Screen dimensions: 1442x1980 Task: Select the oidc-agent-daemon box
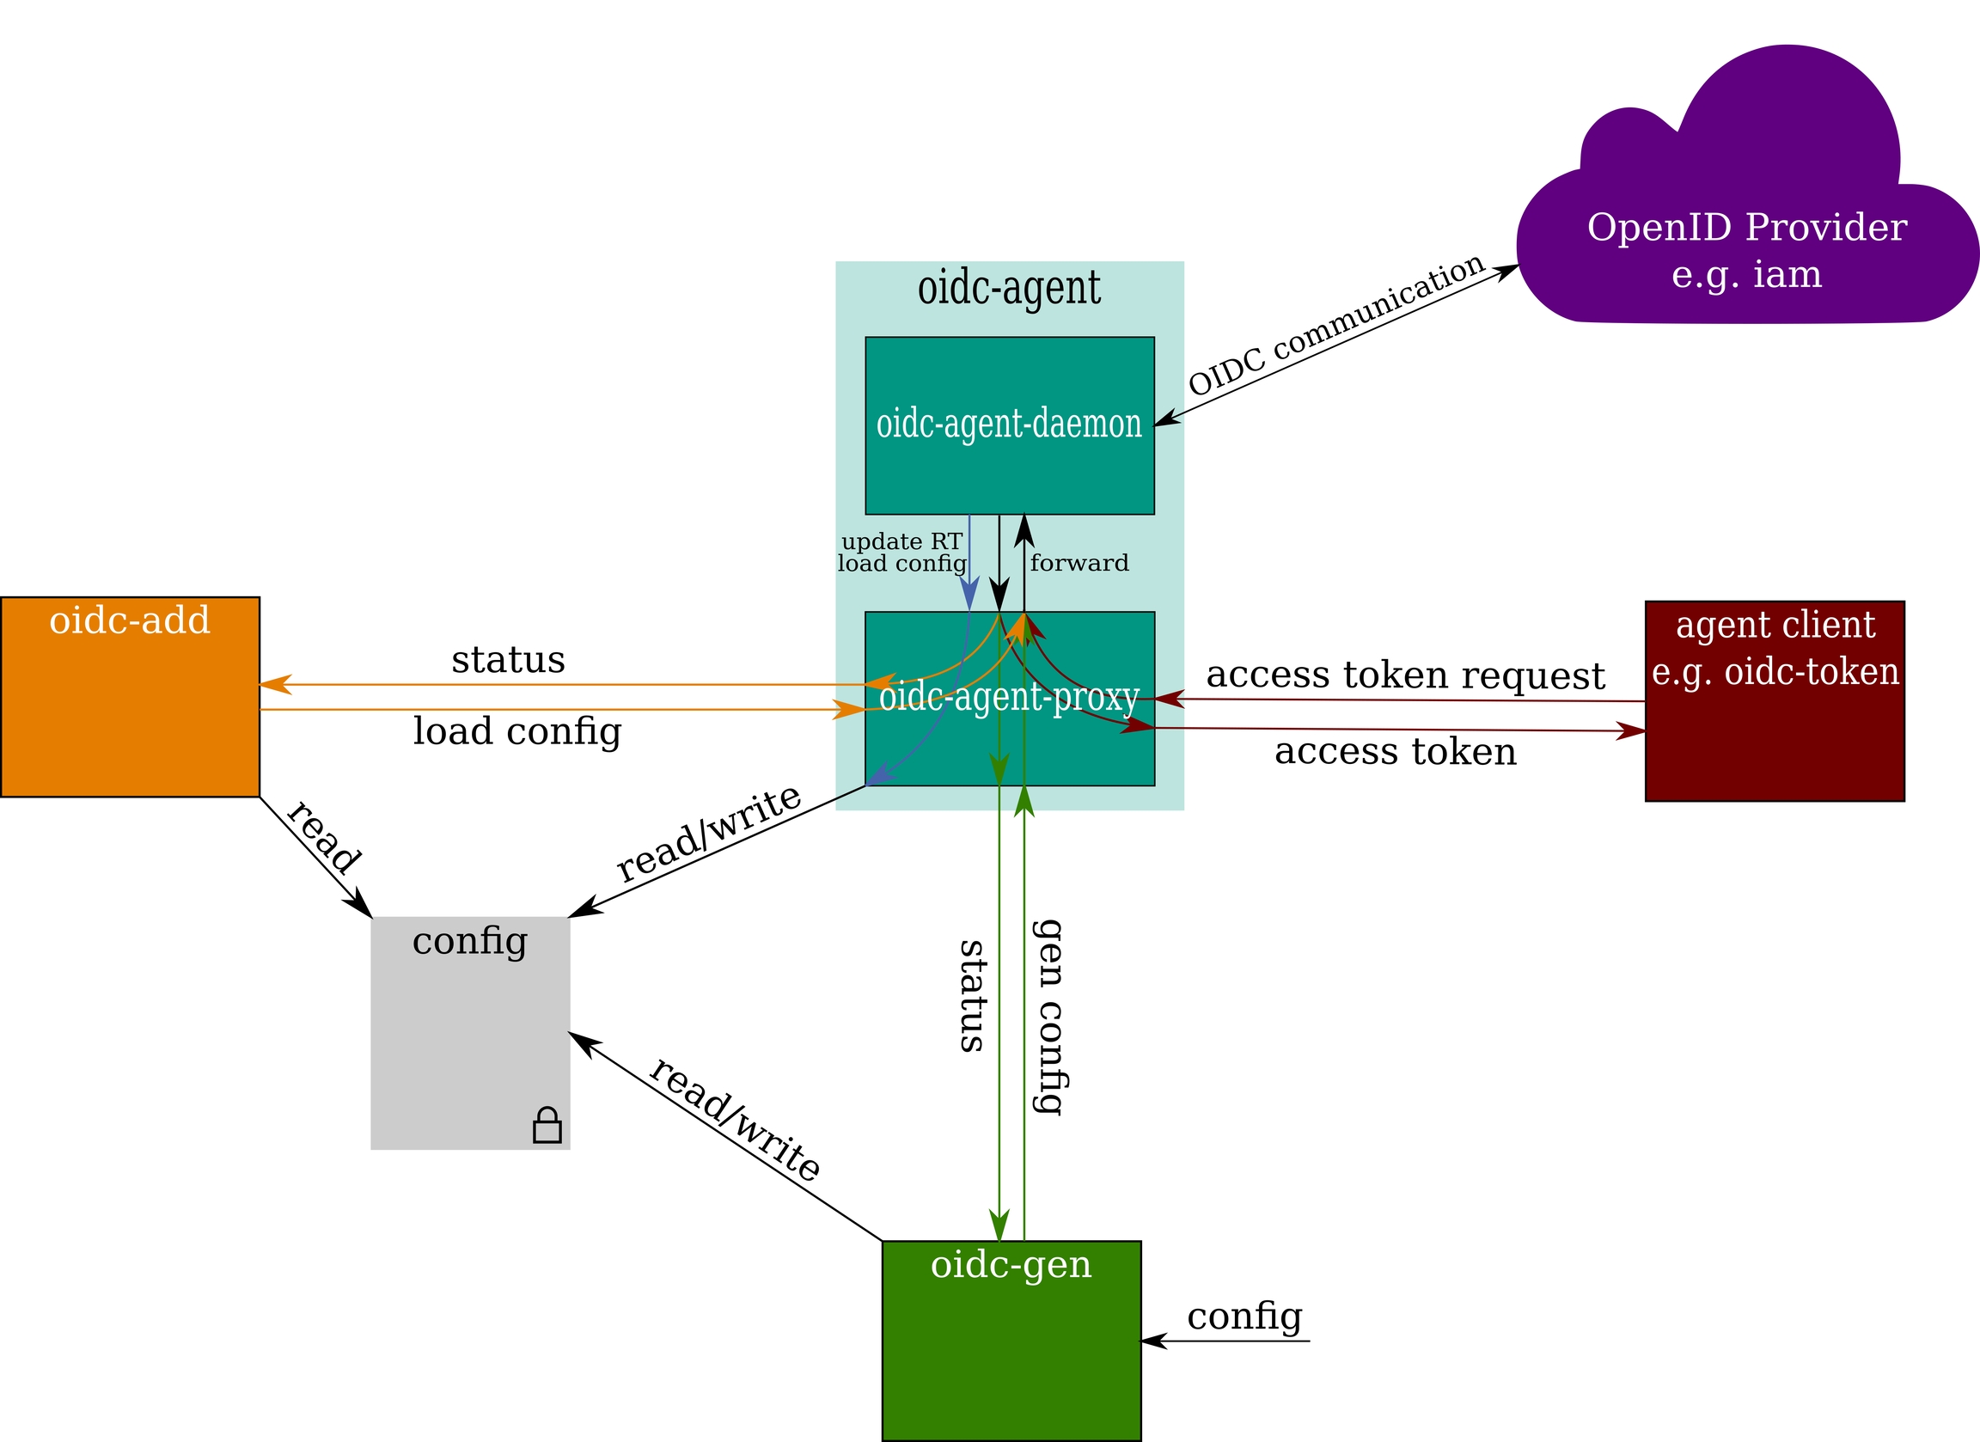click(1009, 425)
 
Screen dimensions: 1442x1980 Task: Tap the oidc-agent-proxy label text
click(1009, 698)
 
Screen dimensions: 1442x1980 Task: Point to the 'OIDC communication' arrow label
click(1336, 326)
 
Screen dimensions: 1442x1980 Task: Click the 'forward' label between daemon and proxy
click(1079, 563)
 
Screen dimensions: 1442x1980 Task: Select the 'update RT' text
click(901, 542)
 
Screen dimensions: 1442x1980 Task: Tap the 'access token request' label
click(1406, 675)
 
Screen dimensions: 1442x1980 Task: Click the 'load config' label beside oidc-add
click(516, 731)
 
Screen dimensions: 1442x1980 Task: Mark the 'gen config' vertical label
click(1048, 1017)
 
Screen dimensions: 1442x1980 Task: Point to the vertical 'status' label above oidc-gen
click(973, 996)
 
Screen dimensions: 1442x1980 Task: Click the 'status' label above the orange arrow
click(508, 660)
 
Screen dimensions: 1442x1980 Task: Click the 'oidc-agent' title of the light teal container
click(1009, 288)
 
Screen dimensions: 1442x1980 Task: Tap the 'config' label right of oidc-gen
click(1244, 1316)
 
